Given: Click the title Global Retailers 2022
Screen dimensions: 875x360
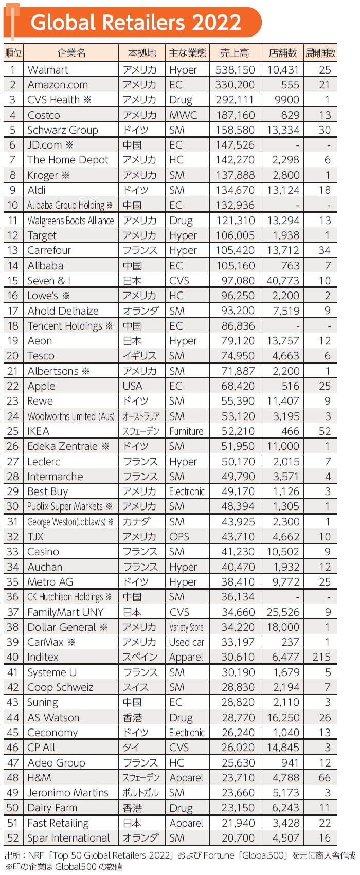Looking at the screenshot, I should pos(136,23).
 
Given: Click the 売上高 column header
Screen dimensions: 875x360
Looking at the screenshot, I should pos(235,53).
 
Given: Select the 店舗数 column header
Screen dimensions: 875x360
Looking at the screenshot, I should pos(283,53).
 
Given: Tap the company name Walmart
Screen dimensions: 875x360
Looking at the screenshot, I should pos(48,70).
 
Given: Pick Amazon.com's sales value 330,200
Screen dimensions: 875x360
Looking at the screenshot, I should pos(235,85).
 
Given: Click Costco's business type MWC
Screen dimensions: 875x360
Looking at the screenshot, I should pos(183,115).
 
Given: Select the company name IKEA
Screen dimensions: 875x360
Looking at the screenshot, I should pos(39,431).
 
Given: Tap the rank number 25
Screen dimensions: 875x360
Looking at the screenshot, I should pos(13,431).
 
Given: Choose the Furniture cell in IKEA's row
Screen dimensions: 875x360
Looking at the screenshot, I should pos(186,431).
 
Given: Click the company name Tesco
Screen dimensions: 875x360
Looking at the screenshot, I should pos(41,356).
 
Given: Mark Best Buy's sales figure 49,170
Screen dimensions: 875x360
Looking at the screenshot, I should pos(235,491).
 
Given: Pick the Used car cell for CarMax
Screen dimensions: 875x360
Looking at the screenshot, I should pos(187,642).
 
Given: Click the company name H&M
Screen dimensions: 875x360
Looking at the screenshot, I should pos(39,778).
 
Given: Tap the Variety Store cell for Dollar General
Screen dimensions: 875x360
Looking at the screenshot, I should pos(186,627).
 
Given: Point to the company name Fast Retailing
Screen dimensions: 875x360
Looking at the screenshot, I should pos(58,823).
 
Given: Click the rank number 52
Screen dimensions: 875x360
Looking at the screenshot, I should pos(13,838).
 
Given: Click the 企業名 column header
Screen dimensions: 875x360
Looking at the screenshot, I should pos(71,53).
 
